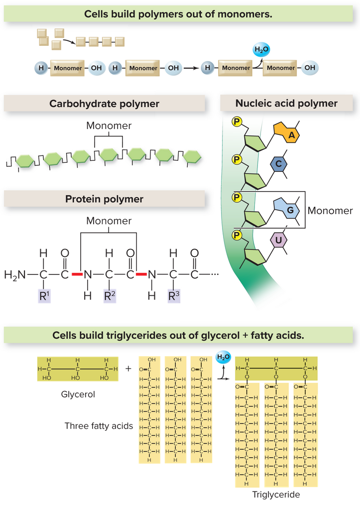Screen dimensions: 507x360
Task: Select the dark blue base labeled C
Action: coord(278,164)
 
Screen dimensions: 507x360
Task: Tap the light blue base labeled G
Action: coord(288,210)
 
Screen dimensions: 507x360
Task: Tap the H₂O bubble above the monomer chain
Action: coord(259,50)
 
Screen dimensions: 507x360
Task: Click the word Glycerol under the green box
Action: coord(78,394)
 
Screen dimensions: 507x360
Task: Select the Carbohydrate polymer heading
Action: coord(104,104)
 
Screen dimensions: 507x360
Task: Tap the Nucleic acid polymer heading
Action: coord(286,104)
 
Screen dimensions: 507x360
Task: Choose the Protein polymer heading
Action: coord(104,199)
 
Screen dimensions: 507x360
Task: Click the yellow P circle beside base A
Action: coord(237,121)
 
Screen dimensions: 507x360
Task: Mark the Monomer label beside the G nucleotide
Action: coord(330,211)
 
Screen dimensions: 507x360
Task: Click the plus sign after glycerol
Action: coord(128,369)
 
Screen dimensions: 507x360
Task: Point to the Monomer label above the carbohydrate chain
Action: coord(109,126)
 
